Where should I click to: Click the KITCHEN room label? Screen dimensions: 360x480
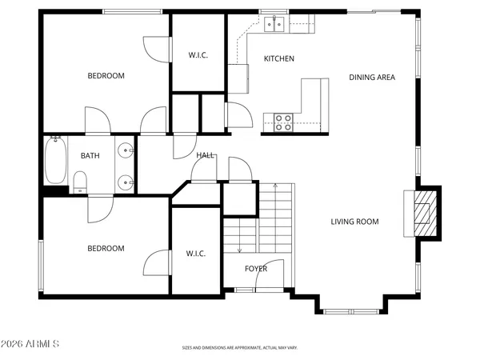point(279,58)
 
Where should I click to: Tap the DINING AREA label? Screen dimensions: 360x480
point(372,78)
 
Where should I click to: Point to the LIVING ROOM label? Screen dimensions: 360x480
point(354,222)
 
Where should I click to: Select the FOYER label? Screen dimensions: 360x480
point(256,269)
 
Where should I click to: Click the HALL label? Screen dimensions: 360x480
point(206,155)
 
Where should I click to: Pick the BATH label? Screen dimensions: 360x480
point(90,156)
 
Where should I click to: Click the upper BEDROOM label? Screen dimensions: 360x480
point(106,76)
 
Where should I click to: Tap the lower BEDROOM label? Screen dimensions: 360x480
point(106,248)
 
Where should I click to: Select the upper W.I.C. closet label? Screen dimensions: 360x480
point(198,55)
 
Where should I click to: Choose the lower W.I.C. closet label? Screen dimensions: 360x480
point(197,254)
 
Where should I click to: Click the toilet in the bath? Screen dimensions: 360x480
point(80,182)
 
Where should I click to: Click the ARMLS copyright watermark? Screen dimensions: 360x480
point(31,344)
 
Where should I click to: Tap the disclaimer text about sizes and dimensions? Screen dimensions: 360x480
point(240,349)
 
